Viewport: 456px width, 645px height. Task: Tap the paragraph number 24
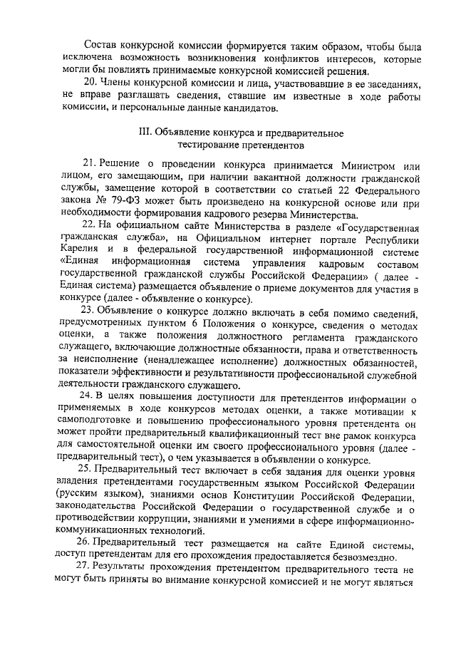(90, 396)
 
